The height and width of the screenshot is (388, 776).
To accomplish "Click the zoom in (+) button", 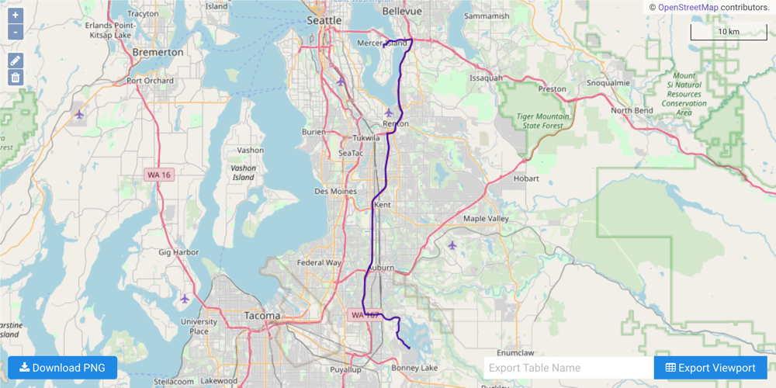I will (16, 16).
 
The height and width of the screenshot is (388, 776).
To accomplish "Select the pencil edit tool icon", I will (16, 61).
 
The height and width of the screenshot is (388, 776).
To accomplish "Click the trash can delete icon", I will (16, 78).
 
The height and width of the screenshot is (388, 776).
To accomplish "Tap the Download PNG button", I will (62, 368).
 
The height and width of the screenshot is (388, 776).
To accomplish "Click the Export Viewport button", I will (710, 368).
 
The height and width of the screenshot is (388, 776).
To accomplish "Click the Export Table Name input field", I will (568, 368).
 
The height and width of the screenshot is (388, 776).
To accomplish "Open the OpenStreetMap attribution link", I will (688, 7).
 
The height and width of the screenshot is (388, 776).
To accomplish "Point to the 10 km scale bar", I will (728, 33).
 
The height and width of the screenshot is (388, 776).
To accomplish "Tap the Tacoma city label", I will (262, 316).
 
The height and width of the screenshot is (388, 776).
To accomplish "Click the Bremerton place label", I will (158, 53).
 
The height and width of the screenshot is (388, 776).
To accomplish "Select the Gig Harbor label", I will (178, 252).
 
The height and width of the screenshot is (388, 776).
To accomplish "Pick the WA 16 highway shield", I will (158, 175).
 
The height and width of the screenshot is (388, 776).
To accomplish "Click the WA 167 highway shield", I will (365, 315).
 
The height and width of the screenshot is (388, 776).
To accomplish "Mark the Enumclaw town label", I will (516, 353).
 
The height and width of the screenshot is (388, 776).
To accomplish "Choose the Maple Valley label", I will (486, 219).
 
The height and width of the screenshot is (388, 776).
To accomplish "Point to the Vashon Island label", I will (243, 172).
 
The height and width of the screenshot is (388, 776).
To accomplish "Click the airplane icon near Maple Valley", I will (452, 245).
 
